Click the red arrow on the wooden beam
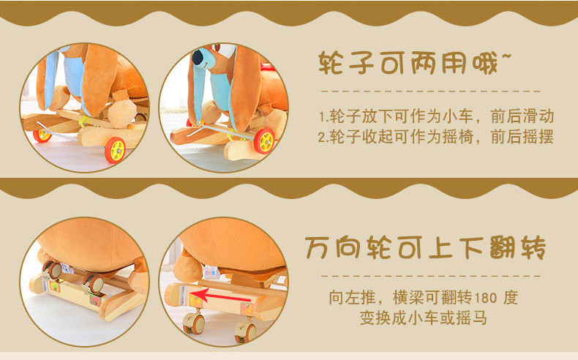click(220, 296)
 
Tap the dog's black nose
click(198, 58)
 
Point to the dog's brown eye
click(217, 48)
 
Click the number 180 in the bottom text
click(485, 298)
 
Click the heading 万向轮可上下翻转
click(425, 247)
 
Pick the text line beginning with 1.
click(436, 116)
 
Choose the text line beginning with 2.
click(436, 137)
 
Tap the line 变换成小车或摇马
click(424, 318)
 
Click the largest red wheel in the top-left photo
click(115, 150)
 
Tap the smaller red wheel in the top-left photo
click(42, 135)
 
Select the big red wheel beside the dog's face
click(264, 140)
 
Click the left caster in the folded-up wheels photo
click(52, 270)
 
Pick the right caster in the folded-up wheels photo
click(94, 282)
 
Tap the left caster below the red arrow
click(195, 323)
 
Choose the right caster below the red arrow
click(247, 331)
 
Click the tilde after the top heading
click(506, 56)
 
